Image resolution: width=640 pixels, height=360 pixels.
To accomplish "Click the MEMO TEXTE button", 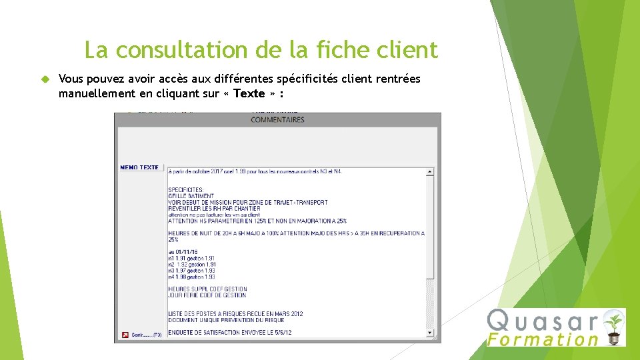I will click(139, 167).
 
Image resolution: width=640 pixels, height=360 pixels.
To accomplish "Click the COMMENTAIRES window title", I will click(277, 120).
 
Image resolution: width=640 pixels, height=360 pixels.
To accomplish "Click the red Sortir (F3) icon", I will click(125, 335).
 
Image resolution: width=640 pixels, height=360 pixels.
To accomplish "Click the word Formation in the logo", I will click(543, 339).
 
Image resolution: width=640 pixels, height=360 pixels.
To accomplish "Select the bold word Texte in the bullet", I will click(249, 93).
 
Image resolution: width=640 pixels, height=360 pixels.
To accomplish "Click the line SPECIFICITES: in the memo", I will click(186, 190).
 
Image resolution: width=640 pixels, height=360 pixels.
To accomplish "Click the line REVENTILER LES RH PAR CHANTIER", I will click(214, 209).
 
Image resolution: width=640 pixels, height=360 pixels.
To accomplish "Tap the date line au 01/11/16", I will click(184, 252).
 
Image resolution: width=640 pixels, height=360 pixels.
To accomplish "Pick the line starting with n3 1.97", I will click(191, 271).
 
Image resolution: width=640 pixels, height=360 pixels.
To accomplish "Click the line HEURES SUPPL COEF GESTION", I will click(207, 289).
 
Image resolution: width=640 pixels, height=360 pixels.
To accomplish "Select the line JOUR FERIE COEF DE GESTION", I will click(207, 295).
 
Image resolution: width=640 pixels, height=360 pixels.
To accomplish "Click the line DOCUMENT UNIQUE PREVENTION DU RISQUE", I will click(226, 320).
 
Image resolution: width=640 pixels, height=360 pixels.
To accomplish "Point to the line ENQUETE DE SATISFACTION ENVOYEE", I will click(229, 332).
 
